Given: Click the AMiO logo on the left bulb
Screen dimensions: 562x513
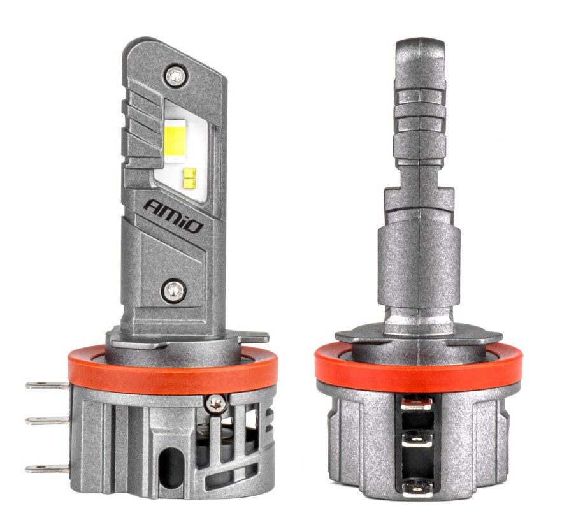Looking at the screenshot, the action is coord(173,217).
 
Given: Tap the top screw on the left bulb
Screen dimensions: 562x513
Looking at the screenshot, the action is coord(176,76).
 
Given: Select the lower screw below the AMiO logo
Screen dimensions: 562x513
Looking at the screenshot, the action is coord(174,290).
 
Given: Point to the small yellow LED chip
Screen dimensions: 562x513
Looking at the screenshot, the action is coord(189,178).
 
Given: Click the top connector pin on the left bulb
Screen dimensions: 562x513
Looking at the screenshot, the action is coord(48,386).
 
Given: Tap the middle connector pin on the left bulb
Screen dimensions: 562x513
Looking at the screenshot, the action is coord(48,421).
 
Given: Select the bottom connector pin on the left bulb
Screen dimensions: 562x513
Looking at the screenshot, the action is coord(48,468).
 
